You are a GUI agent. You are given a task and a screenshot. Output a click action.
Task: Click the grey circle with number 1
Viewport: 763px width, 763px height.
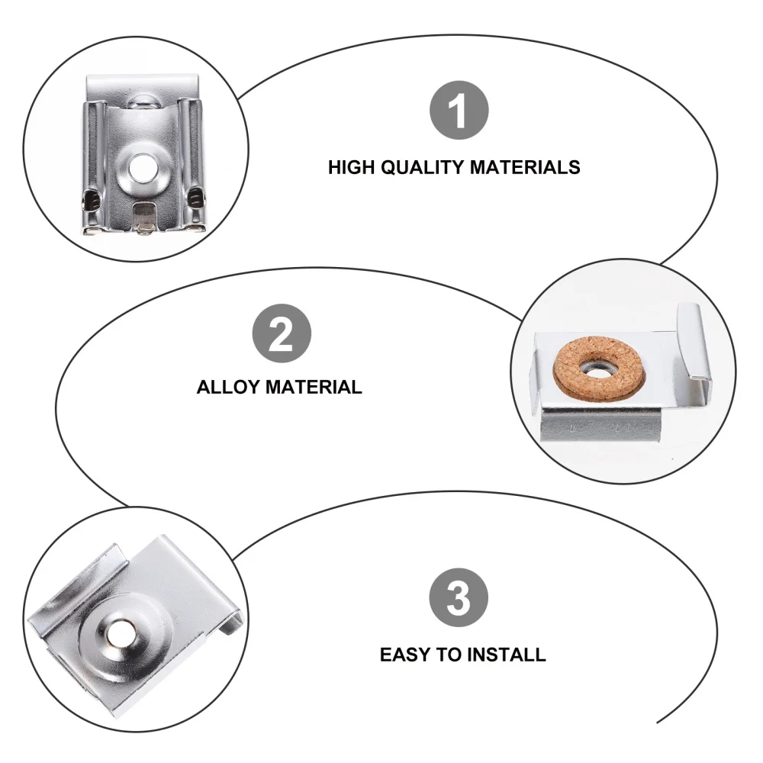(x=458, y=113)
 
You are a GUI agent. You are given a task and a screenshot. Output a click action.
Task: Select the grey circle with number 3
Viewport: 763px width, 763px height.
(x=458, y=599)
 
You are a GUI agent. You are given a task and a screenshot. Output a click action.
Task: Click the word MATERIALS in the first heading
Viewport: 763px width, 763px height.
(x=524, y=167)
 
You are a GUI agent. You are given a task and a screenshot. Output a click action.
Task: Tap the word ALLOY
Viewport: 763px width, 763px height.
(x=227, y=387)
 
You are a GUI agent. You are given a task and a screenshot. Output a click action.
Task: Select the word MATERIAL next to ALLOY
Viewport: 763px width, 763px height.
(x=314, y=387)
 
